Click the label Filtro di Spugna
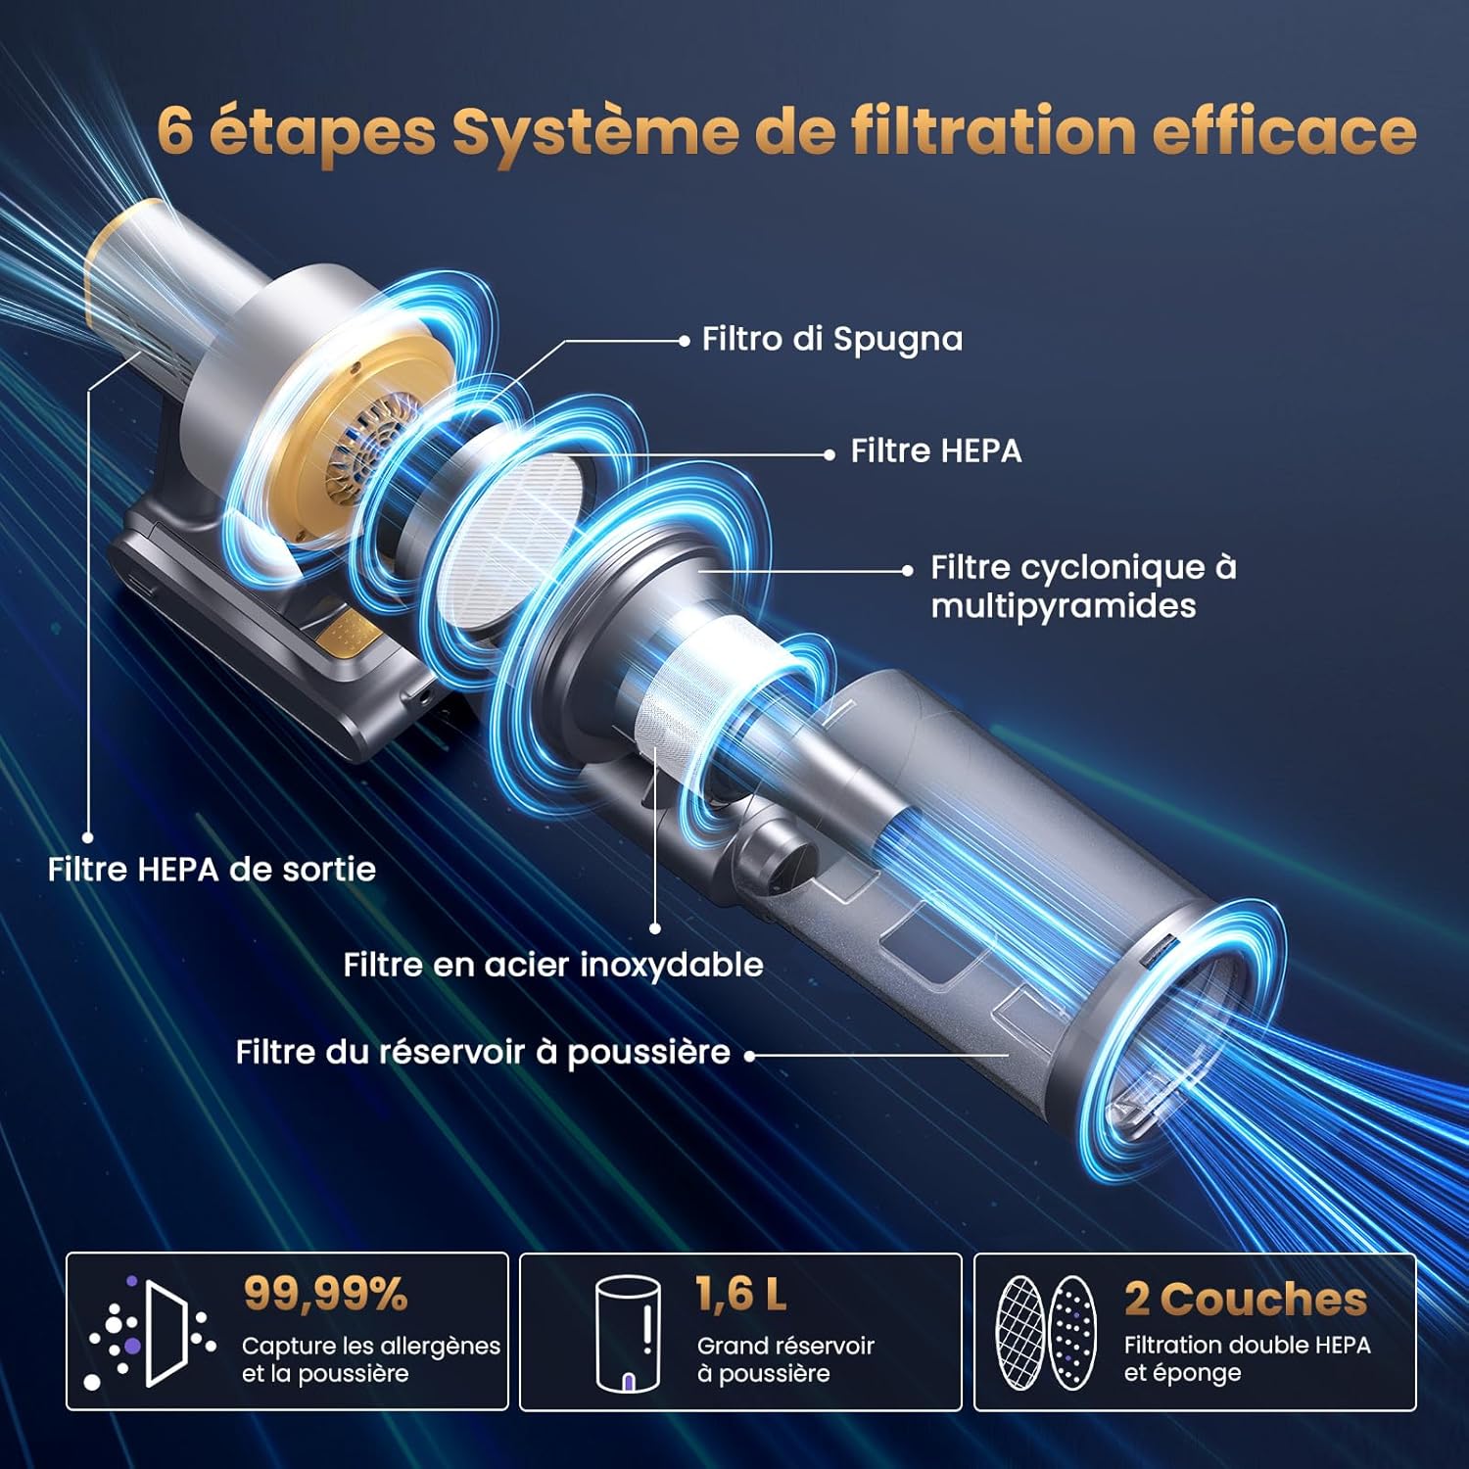(x=832, y=340)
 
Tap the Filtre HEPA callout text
(x=935, y=451)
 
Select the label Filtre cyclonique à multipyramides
(x=1083, y=586)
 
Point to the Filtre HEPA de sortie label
(x=212, y=870)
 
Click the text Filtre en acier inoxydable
(x=553, y=965)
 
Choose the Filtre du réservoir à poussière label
(x=483, y=1052)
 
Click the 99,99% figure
(x=325, y=1294)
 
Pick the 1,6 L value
(x=741, y=1294)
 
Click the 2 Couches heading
(x=1246, y=1299)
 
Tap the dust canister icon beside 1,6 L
(x=628, y=1333)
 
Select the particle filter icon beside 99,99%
(x=152, y=1332)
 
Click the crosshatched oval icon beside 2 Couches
(x=1019, y=1332)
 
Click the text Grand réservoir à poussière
(x=785, y=1359)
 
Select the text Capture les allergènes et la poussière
(x=371, y=1359)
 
